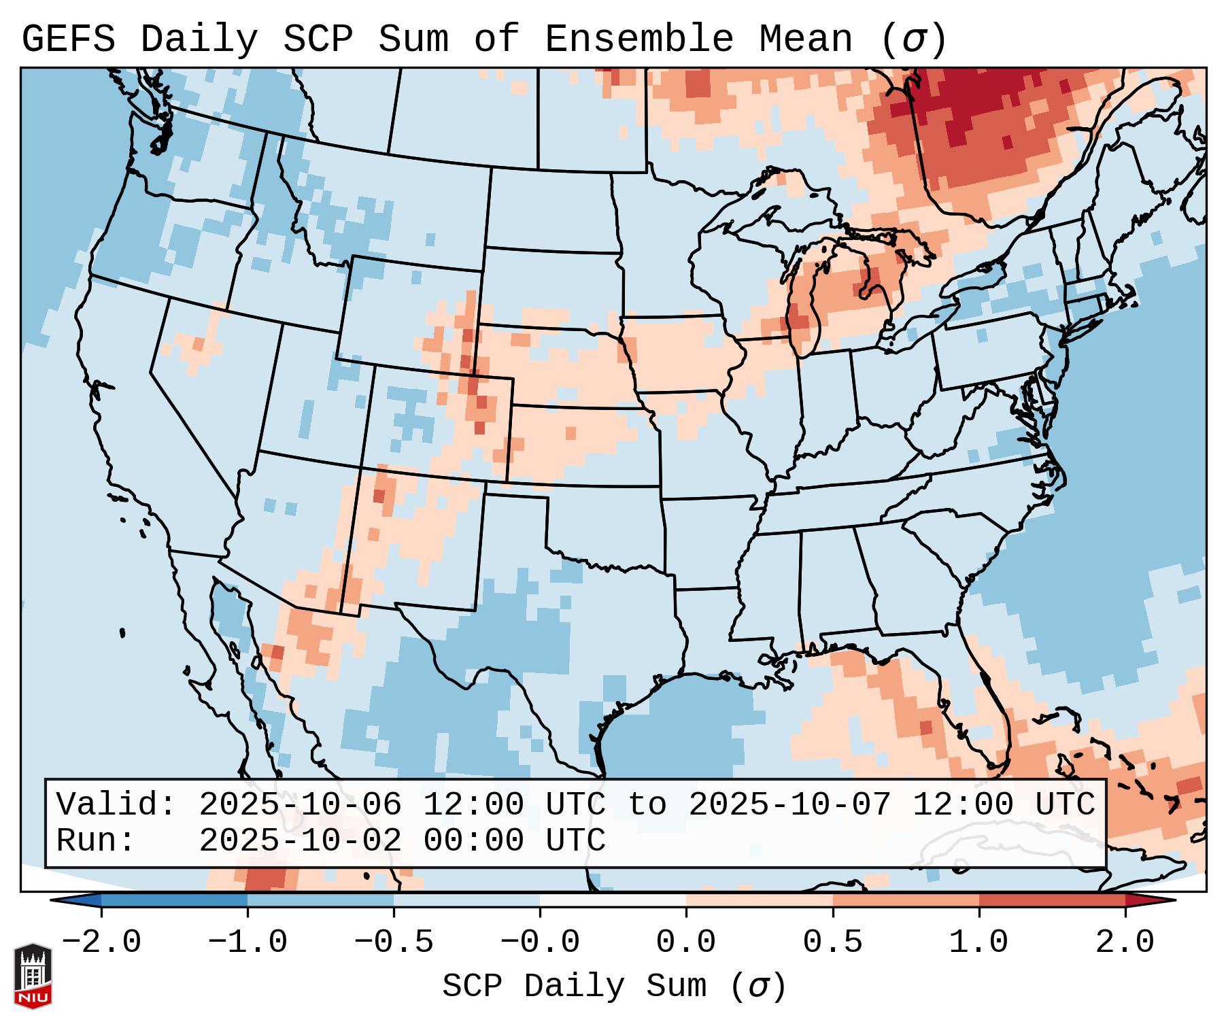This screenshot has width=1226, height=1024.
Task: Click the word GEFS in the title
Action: pyautogui.click(x=68, y=39)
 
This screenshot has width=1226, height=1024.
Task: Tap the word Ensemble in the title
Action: pyautogui.click(x=639, y=39)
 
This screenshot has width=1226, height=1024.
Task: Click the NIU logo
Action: pyautogui.click(x=33, y=976)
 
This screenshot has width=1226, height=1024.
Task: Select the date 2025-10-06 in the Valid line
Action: pyautogui.click(x=300, y=805)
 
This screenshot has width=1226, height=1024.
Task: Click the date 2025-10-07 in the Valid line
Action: pyautogui.click(x=789, y=805)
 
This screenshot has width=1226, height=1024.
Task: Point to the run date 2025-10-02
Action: pyautogui.click(x=300, y=841)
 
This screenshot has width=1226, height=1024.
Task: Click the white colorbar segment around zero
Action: pyautogui.click(x=613, y=900)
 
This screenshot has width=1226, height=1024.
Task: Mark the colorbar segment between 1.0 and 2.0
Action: pyautogui.click(x=1052, y=900)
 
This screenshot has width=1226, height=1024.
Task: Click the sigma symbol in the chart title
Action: pyautogui.click(x=913, y=39)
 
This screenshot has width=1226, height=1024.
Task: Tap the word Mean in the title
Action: pyautogui.click(x=805, y=39)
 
